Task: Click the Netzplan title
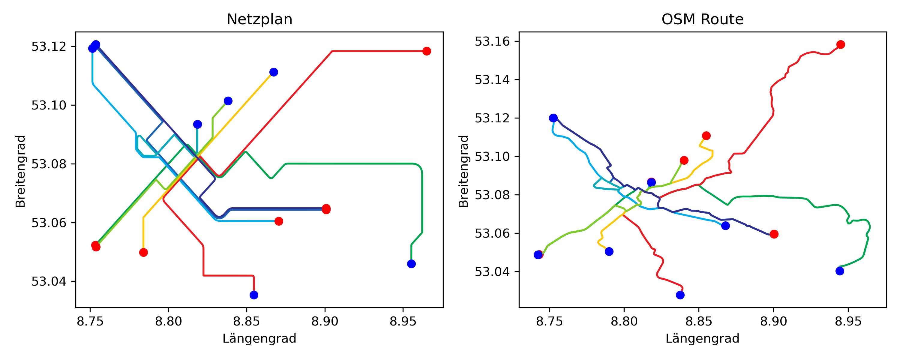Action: [259, 19]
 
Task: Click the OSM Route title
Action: [702, 19]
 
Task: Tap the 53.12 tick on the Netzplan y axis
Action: [49, 46]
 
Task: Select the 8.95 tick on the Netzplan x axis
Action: [403, 321]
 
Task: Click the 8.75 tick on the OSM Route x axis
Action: [549, 321]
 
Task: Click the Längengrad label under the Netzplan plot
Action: [259, 338]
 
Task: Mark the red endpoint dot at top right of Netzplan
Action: [427, 51]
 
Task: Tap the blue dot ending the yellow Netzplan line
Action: [274, 72]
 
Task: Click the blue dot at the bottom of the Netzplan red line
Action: [254, 295]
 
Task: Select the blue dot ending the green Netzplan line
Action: [411, 264]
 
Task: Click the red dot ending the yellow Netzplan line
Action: [143, 252]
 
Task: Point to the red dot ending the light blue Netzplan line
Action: [278, 221]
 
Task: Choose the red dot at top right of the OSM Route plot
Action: [841, 44]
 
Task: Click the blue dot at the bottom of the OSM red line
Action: [680, 295]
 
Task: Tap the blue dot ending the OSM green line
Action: [840, 271]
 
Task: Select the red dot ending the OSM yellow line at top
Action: [706, 136]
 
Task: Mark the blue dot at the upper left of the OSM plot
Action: [553, 118]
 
